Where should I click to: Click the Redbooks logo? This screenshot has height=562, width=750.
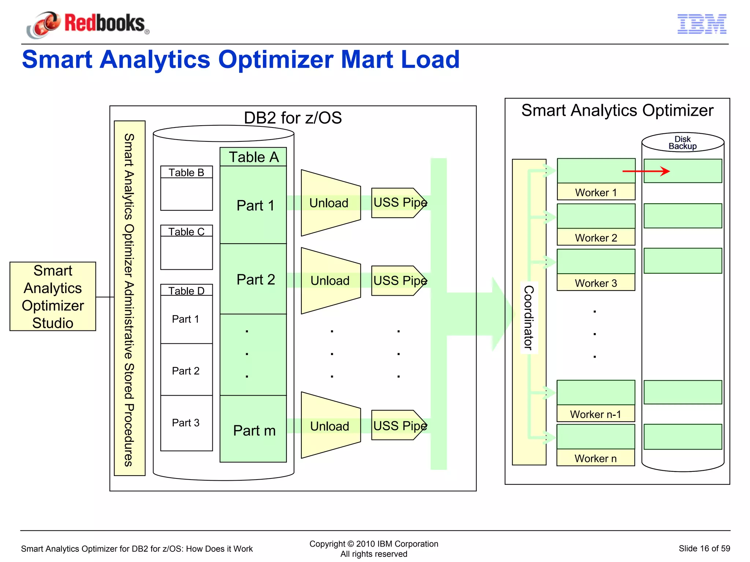(88, 24)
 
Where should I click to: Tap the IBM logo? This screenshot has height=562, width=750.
(702, 24)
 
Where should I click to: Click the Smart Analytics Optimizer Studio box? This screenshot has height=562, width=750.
(53, 296)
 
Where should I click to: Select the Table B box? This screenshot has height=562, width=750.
(186, 188)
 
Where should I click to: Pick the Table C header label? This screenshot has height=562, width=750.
(186, 232)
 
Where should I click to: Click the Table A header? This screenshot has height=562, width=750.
(253, 157)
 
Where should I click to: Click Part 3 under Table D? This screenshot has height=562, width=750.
(186, 423)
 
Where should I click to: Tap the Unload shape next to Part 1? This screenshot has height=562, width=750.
(329, 203)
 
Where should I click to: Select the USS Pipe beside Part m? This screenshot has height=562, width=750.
(399, 426)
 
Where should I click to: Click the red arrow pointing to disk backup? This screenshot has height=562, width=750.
(646, 171)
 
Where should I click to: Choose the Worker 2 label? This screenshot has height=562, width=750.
(596, 238)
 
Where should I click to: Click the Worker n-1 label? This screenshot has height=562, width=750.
(595, 414)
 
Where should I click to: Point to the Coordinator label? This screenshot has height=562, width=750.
(529, 317)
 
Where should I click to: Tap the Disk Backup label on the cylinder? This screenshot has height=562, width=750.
(683, 143)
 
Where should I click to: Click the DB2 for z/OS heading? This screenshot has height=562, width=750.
(293, 118)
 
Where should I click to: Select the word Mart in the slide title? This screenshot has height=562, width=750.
(367, 59)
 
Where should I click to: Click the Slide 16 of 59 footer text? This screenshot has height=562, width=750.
(704, 548)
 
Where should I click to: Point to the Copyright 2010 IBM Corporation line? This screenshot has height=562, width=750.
(374, 544)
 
